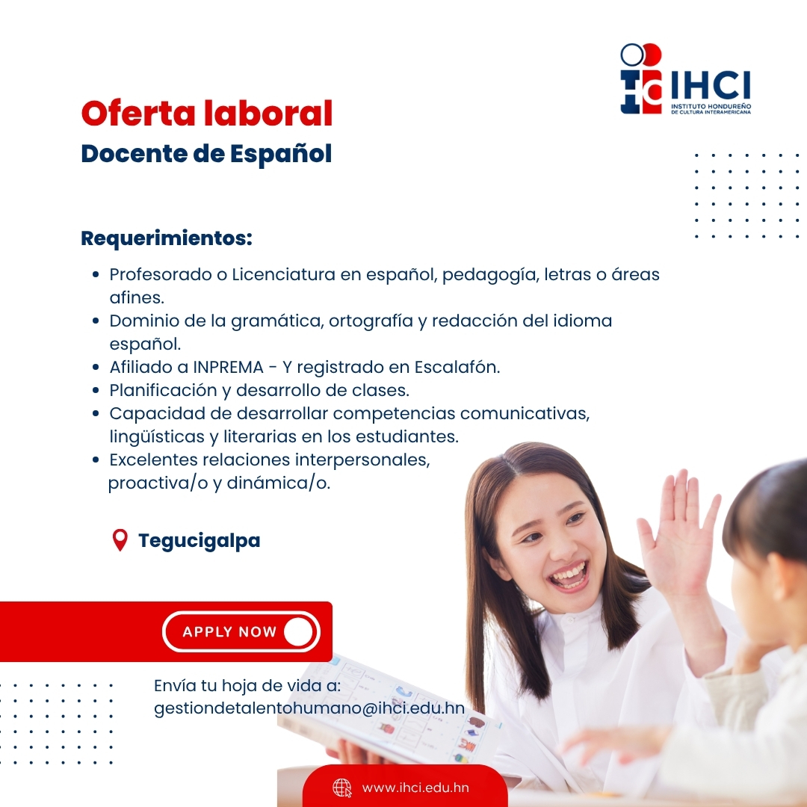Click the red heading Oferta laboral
tap(207, 113)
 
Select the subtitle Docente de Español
tap(206, 153)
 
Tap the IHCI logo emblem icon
tap(641, 78)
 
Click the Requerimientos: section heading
tap(167, 238)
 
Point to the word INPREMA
tap(228, 367)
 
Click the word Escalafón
tap(457, 367)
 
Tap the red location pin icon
tap(120, 540)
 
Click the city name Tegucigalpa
tap(200, 541)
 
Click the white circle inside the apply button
tap(298, 631)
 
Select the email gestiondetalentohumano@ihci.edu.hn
tap(309, 708)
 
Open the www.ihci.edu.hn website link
tap(415, 788)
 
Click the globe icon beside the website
tap(341, 788)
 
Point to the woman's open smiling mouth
tap(569, 575)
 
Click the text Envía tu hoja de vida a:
tap(247, 685)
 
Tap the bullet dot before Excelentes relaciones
tap(96, 460)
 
